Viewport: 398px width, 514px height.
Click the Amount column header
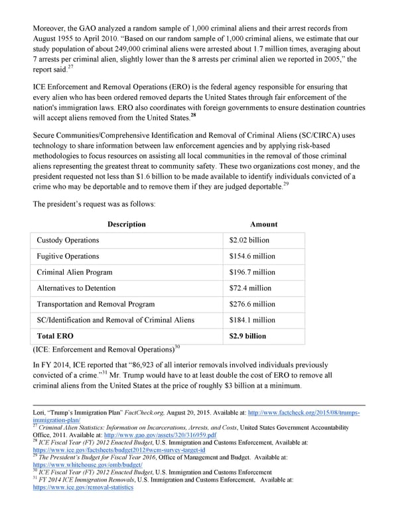coord(263,224)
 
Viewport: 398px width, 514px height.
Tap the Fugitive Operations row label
coord(68,256)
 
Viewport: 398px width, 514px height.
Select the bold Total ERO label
coord(55,336)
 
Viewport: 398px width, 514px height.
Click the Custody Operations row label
coord(68,240)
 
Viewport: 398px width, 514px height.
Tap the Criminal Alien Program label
coord(74,272)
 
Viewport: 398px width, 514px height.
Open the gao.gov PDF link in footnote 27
coord(168,435)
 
